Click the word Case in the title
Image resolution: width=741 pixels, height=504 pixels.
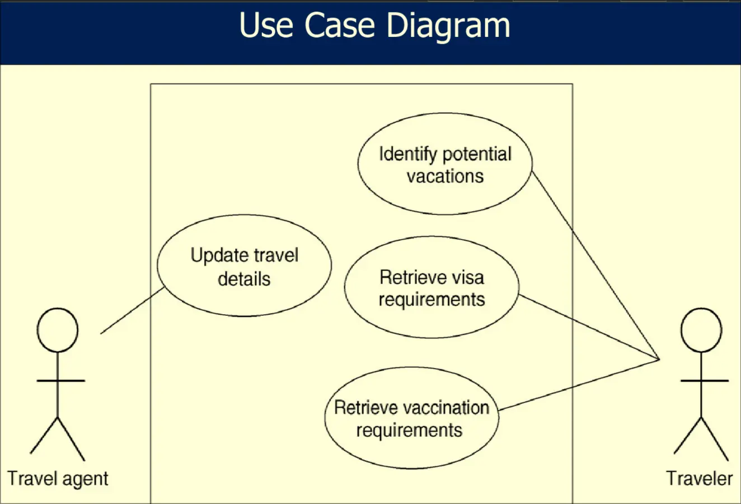tap(339, 25)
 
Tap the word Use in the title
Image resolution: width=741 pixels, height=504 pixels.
tap(266, 25)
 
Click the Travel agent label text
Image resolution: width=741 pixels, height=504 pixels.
tap(58, 479)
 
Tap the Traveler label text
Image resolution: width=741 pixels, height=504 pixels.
tap(700, 478)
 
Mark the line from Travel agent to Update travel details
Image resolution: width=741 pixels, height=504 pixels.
tap(132, 310)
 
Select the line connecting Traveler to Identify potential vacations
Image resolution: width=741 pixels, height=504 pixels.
tap(596, 265)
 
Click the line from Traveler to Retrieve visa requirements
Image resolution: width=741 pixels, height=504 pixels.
tap(589, 327)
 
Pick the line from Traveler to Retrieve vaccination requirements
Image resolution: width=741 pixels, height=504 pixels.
tap(579, 385)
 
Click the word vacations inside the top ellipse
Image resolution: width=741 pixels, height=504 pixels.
tap(445, 176)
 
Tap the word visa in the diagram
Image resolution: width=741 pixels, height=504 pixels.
tap(468, 277)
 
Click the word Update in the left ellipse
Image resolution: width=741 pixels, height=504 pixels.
tap(217, 256)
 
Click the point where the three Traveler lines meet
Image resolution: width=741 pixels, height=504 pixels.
tap(660, 360)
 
